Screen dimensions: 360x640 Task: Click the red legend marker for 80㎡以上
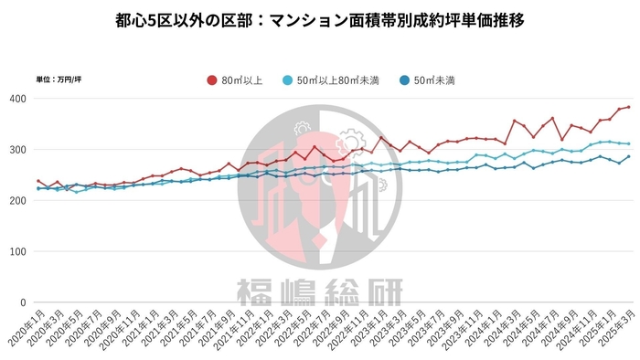[x=212, y=79]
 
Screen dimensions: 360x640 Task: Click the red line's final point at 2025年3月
[x=627, y=107]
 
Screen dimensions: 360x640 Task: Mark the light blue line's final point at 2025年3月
[x=627, y=143]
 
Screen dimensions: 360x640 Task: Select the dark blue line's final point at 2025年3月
[x=627, y=156]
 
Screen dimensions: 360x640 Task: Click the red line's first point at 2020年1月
[x=38, y=181]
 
